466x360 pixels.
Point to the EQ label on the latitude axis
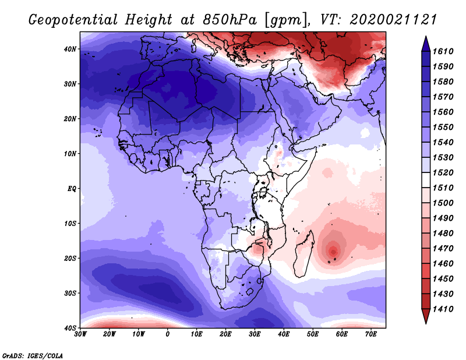pos(71,189)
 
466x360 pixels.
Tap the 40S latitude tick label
pos(70,328)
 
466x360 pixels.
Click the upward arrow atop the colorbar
pos(426,42)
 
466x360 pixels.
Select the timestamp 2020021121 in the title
pos(393,20)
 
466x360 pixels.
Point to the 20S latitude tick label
pos(70,258)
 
